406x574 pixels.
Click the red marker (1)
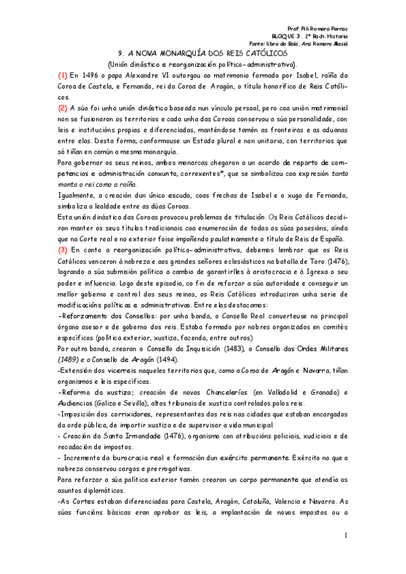pyautogui.click(x=62, y=76)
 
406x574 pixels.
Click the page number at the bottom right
pyautogui.click(x=345, y=536)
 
